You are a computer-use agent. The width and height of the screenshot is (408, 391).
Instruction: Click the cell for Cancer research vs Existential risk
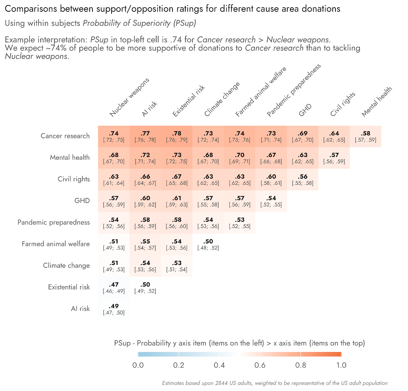pos(177,136)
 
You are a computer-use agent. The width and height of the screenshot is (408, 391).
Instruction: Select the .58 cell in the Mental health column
pos(365,136)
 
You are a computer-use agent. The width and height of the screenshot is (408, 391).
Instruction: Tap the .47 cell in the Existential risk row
pos(114,288)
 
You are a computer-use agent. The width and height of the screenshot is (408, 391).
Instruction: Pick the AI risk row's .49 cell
pos(114,309)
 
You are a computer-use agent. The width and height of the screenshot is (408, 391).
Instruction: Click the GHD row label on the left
pos(82,201)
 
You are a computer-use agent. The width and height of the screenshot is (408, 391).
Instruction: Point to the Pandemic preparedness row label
pos(54,222)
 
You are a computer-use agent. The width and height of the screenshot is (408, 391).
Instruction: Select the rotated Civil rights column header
pos(342,104)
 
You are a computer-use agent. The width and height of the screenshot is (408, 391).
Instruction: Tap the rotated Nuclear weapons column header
pos(129,97)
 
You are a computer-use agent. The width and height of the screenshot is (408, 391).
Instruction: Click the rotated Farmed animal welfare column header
pos(261,92)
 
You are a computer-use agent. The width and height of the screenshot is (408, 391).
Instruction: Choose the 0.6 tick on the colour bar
pos(260,365)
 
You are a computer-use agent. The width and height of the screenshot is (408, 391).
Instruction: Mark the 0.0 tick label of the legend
pos(138,365)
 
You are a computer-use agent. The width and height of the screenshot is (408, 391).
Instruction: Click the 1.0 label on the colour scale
pos(341,365)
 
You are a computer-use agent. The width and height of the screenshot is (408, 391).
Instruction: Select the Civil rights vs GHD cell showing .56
pos(302,179)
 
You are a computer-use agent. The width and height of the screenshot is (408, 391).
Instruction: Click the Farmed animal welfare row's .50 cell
pos(208,244)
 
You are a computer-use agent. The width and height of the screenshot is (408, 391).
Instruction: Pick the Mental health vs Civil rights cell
pos(334,158)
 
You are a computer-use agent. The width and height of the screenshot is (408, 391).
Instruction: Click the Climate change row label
pos(66,266)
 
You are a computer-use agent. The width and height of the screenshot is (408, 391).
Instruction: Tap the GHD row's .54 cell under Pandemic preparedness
pos(271,201)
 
